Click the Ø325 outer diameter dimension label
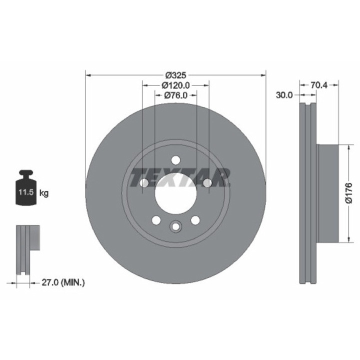(175, 75)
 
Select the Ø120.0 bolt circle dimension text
(175, 85)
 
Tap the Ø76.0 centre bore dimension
(175, 95)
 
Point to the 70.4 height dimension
(319, 85)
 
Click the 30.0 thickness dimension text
(284, 95)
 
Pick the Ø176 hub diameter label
(348, 193)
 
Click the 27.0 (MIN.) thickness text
(63, 282)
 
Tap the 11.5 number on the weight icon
(26, 192)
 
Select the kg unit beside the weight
(44, 193)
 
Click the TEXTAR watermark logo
(180, 177)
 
